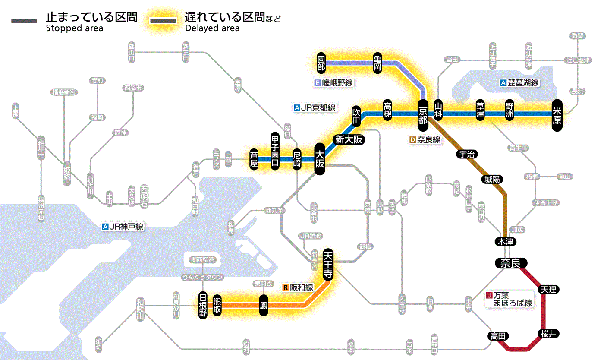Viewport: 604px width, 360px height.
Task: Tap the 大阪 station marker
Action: (320, 159)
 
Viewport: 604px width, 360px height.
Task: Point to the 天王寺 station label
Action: (327, 266)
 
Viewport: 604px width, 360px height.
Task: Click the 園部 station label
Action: (321, 63)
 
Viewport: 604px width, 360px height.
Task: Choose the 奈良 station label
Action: (510, 263)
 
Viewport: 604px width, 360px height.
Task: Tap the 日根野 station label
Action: (203, 305)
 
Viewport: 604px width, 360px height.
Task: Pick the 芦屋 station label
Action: (254, 159)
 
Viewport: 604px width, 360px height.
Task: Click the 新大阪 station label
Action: (349, 139)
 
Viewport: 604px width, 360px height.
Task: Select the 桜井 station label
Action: (548, 334)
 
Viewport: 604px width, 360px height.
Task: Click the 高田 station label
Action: (497, 336)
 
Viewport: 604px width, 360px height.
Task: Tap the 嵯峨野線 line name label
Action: (334, 83)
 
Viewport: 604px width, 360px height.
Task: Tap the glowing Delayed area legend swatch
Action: (163, 21)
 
